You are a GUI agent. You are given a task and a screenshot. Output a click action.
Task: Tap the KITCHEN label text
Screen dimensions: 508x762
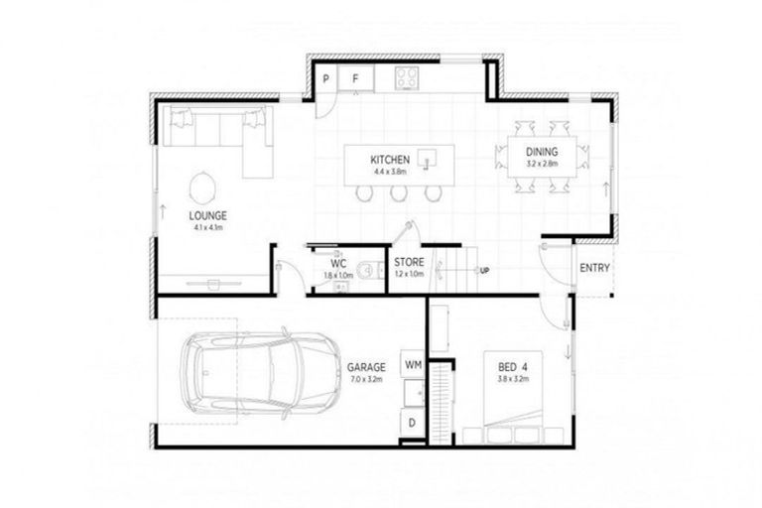click(x=391, y=160)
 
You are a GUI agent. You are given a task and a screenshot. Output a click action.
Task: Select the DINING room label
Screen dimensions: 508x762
click(x=543, y=152)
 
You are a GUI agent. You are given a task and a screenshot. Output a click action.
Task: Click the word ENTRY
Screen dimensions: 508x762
click(x=594, y=268)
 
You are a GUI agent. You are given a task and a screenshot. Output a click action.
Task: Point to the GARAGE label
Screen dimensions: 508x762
click(x=366, y=366)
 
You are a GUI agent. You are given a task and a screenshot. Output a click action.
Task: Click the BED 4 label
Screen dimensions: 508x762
click(x=513, y=366)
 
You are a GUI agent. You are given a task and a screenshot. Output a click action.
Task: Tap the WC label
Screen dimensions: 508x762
click(x=338, y=264)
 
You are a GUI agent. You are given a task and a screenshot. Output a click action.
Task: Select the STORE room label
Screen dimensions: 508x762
click(x=409, y=263)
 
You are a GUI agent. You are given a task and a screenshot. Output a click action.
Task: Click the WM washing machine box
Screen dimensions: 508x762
click(x=413, y=365)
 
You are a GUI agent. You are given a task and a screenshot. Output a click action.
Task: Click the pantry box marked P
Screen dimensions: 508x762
click(x=325, y=78)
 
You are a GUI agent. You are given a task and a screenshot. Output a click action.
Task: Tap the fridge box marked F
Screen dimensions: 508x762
click(x=354, y=78)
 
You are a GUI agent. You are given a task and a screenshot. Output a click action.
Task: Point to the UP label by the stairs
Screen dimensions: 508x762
click(x=484, y=270)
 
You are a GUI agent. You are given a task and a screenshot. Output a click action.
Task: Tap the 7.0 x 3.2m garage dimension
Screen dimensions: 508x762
click(x=366, y=378)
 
